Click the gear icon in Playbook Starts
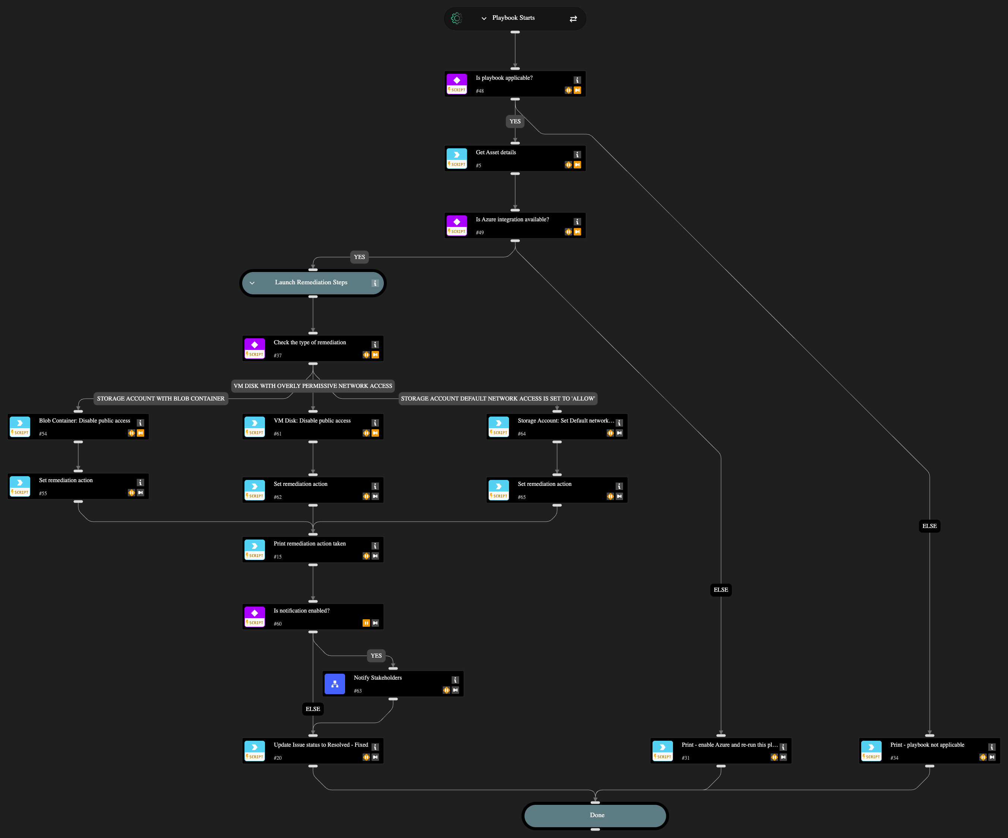coord(456,18)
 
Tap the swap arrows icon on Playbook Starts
coord(573,19)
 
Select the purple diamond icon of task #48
coord(456,80)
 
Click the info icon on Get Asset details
coord(577,155)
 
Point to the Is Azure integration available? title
coord(512,219)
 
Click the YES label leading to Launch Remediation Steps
coord(359,257)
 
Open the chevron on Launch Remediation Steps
coord(252,283)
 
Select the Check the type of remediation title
coord(310,342)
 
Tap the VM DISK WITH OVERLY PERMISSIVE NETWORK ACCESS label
coord(313,386)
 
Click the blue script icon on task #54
coord(20,423)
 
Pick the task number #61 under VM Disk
coord(278,434)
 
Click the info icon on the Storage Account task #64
coord(619,423)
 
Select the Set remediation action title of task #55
coord(66,480)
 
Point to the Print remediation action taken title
coord(310,543)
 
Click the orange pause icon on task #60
coord(366,623)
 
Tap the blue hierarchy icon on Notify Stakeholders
coord(335,684)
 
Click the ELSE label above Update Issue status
coord(313,709)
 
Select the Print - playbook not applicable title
coord(927,745)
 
